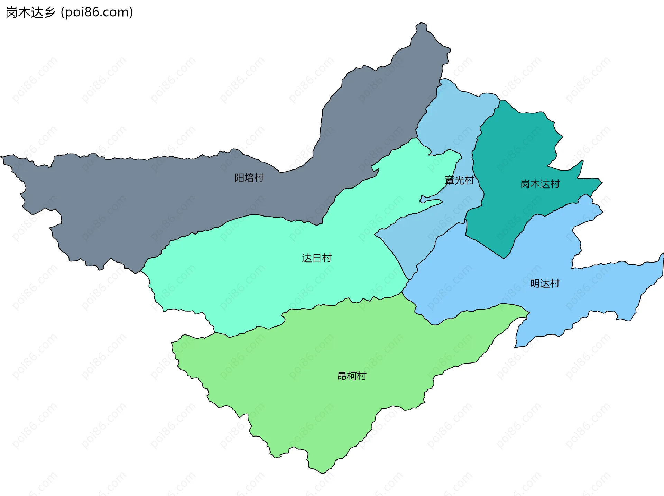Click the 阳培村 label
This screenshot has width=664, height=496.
point(249,177)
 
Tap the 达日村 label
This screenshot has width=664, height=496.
point(316,258)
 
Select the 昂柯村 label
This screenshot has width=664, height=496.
point(351,376)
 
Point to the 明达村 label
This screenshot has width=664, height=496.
point(545,283)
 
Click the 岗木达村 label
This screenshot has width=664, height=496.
point(540,184)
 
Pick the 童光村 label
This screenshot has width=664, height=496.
point(459,180)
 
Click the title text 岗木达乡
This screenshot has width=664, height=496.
point(30,12)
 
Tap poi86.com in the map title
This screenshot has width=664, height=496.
point(97,12)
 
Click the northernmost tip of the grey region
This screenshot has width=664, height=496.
point(421,24)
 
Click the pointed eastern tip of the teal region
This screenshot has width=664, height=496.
point(602,182)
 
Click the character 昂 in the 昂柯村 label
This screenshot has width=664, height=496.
point(342,376)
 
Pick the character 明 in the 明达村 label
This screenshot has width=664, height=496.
point(535,283)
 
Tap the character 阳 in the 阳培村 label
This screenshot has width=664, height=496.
point(239,177)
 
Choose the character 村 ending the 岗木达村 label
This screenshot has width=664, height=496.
point(555,184)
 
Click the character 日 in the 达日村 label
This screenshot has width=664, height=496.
point(316,258)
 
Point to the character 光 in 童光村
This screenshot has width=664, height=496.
point(459,180)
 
